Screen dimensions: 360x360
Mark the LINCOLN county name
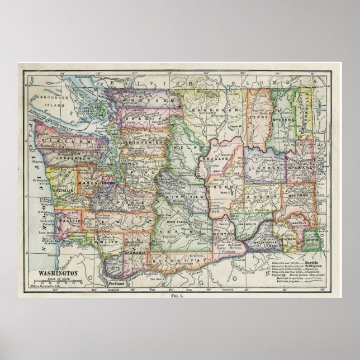point(263,168)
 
